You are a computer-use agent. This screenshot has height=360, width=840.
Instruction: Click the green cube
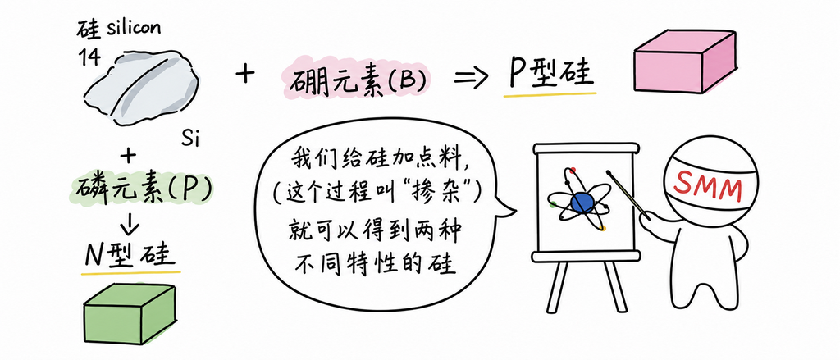pyautogui.click(x=130, y=316)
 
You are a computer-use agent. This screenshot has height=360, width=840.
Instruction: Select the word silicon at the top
pyautogui.click(x=132, y=29)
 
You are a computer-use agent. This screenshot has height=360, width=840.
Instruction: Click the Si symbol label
pyautogui.click(x=190, y=140)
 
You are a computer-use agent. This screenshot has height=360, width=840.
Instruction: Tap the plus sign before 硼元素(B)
pyautogui.click(x=244, y=75)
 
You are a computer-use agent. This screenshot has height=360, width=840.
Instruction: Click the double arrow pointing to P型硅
pyautogui.click(x=471, y=80)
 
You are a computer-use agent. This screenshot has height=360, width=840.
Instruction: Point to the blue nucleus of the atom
pyautogui.click(x=583, y=203)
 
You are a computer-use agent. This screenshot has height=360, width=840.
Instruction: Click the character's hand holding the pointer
pyautogui.click(x=650, y=217)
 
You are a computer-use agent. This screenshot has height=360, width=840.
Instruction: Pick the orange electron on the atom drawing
pyautogui.click(x=603, y=229)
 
